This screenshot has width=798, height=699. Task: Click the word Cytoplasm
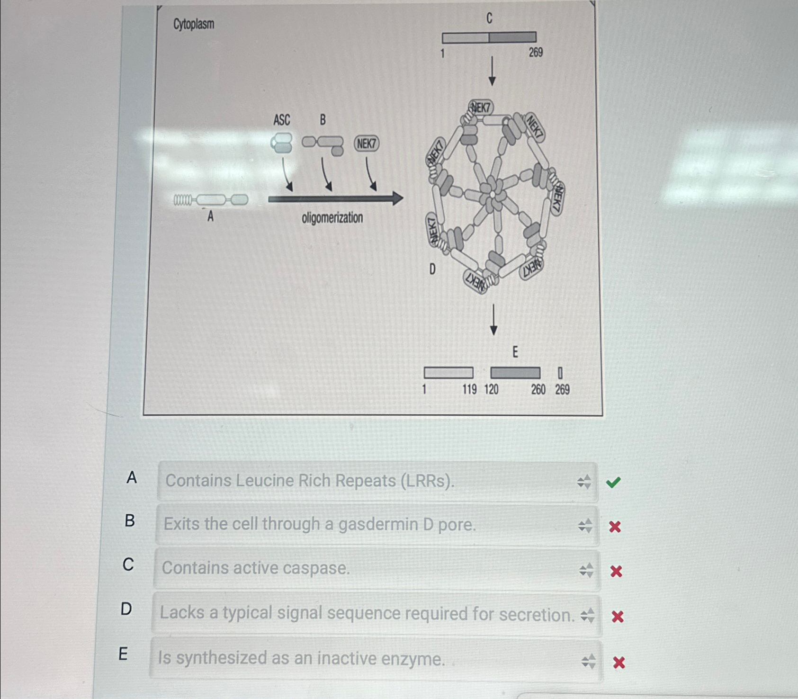point(194,24)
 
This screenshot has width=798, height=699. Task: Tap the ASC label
point(281,120)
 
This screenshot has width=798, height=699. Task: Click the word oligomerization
point(332,218)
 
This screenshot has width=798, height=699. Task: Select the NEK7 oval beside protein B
point(367,143)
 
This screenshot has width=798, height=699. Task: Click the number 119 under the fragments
point(469,389)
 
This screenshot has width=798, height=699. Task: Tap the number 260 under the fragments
point(538,389)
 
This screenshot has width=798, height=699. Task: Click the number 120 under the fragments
point(491,389)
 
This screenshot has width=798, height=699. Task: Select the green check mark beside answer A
point(613,482)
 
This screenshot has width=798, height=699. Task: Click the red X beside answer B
point(615,527)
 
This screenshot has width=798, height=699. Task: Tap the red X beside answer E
point(619,662)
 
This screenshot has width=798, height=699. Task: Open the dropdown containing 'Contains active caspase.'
point(377,569)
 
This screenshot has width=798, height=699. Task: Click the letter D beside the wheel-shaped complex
point(432,269)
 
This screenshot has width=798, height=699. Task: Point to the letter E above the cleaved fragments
point(515,352)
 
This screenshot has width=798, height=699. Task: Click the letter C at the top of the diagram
point(489,18)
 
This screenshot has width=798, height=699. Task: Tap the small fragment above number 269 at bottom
point(560,373)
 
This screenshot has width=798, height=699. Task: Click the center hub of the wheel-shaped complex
point(493,195)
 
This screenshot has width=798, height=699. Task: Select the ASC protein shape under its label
point(282,143)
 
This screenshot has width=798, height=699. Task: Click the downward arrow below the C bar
point(492,71)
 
